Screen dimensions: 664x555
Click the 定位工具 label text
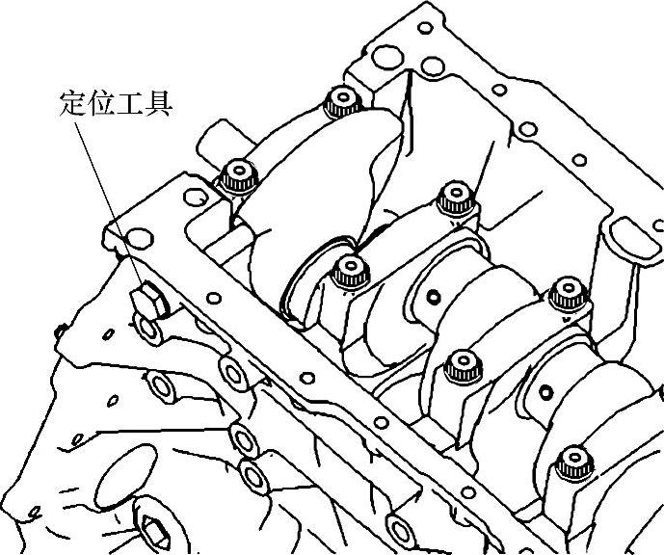[115, 103]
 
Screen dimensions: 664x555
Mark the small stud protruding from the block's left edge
[61, 332]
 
